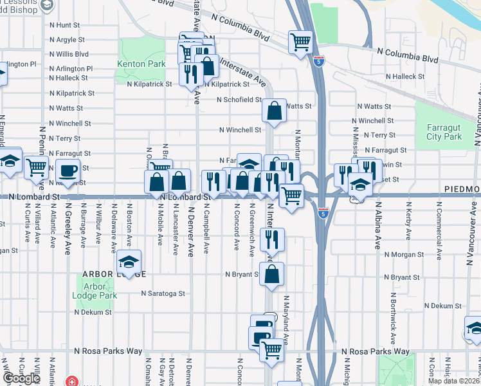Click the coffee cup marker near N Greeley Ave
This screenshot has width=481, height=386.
pos(68,171)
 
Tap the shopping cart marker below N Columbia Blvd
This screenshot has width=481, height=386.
pos(300,42)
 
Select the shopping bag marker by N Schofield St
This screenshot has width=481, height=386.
pos(274,111)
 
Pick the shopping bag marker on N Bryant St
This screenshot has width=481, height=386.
pos(272,273)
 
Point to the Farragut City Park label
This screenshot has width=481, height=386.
pos(444,132)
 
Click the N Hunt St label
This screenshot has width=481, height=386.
pos(64,25)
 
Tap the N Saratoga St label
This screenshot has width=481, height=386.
pos(163,293)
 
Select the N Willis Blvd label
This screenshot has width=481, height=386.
pos(69,54)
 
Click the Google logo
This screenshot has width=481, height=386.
pos(22,378)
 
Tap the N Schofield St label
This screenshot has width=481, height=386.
pos(239,100)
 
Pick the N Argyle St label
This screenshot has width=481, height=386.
pos(67,40)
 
